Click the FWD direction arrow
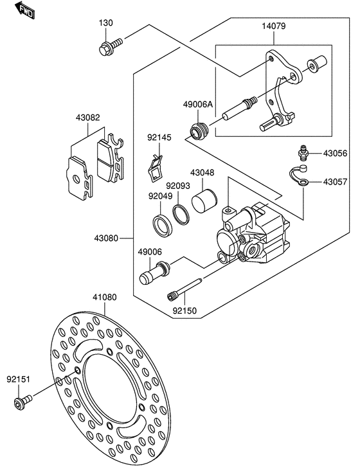point(25,10)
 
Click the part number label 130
point(106,23)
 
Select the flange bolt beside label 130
point(111,46)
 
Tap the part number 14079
point(274,26)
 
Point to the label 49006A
point(197,105)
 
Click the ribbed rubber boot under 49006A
point(198,131)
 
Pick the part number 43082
point(87,118)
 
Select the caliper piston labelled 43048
point(204,200)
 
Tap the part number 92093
point(178,185)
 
